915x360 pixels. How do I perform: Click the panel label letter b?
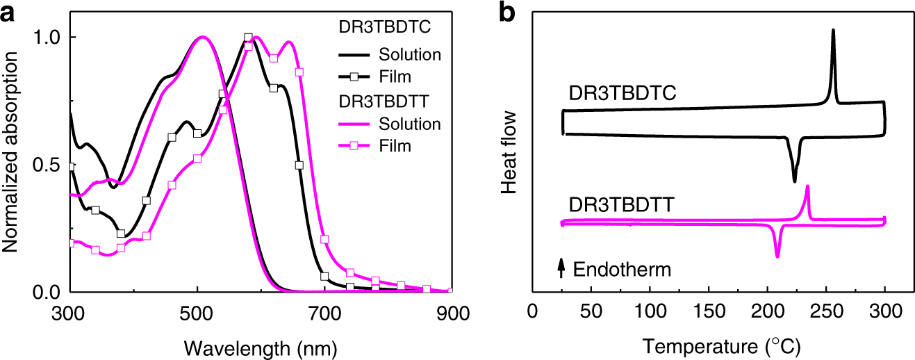pyautogui.click(x=509, y=13)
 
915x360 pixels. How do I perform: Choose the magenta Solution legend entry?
pyautogui.click(x=411, y=124)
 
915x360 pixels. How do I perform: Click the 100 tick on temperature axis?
pyautogui.click(x=650, y=309)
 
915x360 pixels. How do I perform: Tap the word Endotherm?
pyautogui.click(x=622, y=270)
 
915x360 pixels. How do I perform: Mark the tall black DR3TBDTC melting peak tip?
pyautogui.click(x=833, y=30)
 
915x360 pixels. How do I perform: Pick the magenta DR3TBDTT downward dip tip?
pyautogui.click(x=777, y=257)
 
